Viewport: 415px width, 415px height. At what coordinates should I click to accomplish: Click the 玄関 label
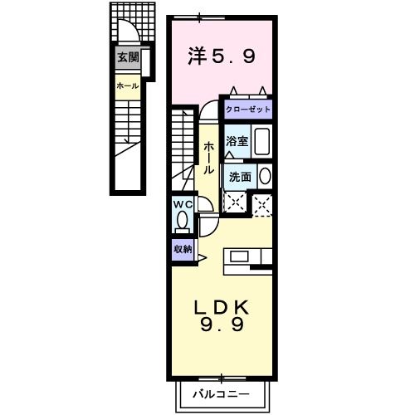coord(127,57)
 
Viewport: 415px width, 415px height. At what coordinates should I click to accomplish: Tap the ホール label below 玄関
coord(127,85)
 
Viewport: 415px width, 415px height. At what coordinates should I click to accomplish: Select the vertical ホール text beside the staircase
coord(207,155)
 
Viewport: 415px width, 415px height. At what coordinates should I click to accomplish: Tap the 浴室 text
coord(237,141)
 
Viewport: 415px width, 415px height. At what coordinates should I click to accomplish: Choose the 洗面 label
coord(240,176)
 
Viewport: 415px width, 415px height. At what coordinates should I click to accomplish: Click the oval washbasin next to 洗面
coord(264,176)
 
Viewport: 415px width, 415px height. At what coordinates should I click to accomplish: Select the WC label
coord(182,203)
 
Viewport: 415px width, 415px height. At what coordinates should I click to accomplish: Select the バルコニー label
coord(221,391)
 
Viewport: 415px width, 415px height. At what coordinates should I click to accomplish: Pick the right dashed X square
coord(262,203)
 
